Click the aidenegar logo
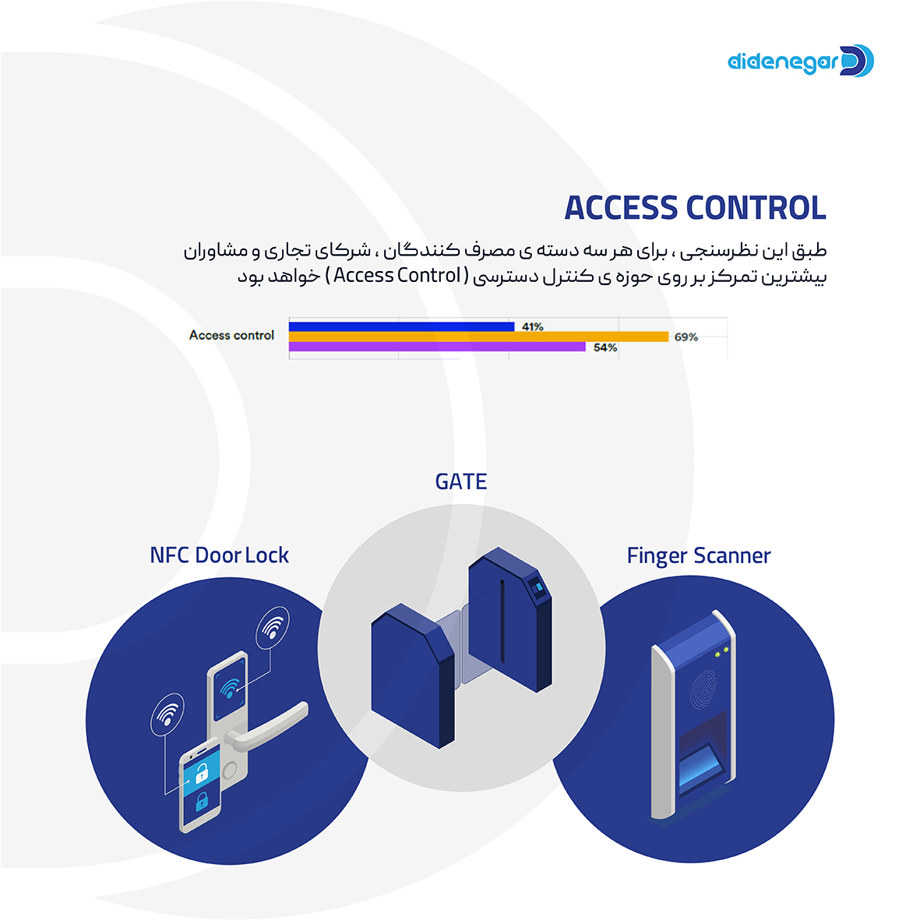(x=800, y=61)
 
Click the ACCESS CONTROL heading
(x=695, y=208)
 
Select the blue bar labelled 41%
(x=401, y=326)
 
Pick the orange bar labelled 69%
(x=478, y=337)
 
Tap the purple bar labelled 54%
(x=437, y=347)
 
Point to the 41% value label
(x=533, y=327)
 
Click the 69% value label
(x=686, y=337)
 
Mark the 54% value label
(x=605, y=348)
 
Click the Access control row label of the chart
(x=231, y=335)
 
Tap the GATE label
(x=461, y=482)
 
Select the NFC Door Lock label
(x=219, y=555)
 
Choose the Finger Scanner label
(x=699, y=556)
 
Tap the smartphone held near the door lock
(x=200, y=787)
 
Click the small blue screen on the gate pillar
(x=536, y=587)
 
